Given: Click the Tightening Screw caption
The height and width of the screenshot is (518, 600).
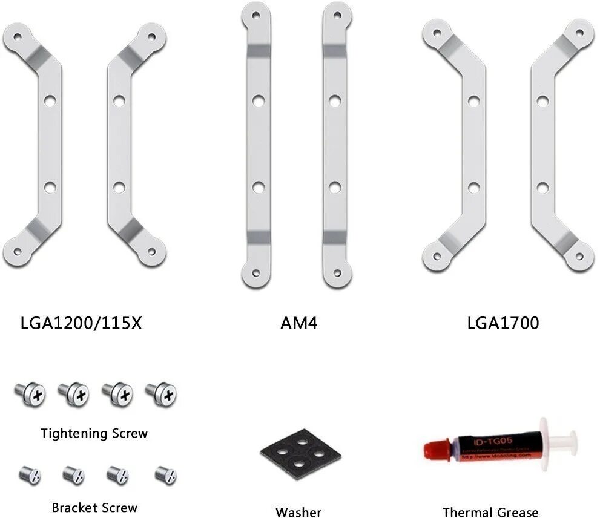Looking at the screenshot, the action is click(94, 433).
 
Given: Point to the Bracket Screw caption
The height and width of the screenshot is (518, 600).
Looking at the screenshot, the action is click(94, 507).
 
